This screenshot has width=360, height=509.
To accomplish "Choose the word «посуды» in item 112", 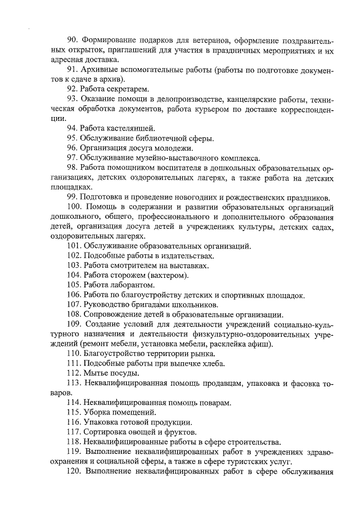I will (x=121, y=373).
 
